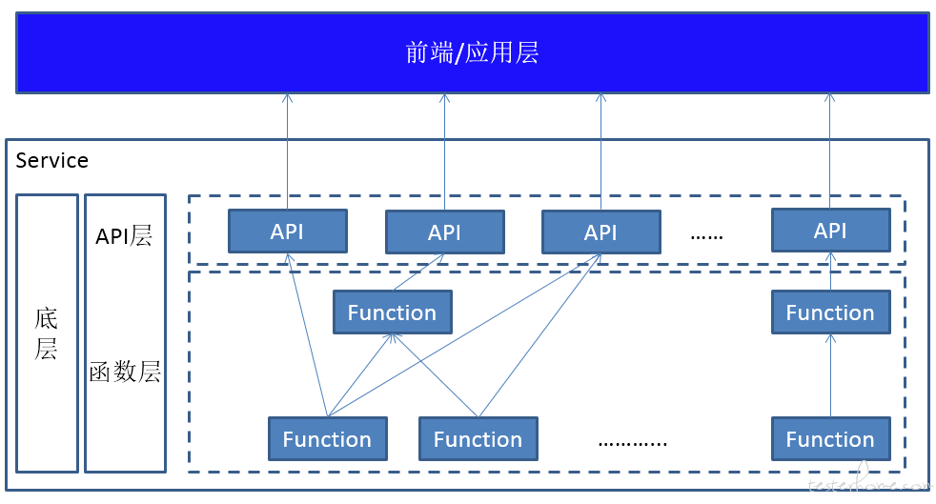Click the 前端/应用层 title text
click(472, 52)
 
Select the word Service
click(51, 160)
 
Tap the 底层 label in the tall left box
click(46, 333)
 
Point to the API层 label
click(124, 235)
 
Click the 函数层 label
click(125, 372)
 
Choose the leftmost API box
click(288, 231)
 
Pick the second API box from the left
click(445, 232)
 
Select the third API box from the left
click(601, 232)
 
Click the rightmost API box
click(831, 231)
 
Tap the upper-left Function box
click(392, 312)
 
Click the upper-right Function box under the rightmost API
click(831, 312)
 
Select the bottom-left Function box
click(328, 439)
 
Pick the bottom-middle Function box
click(478, 439)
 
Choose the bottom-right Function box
click(831, 439)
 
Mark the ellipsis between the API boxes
click(707, 237)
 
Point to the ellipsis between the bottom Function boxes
click(633, 444)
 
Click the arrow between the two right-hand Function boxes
click(831, 375)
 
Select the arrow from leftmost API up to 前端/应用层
click(288, 151)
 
